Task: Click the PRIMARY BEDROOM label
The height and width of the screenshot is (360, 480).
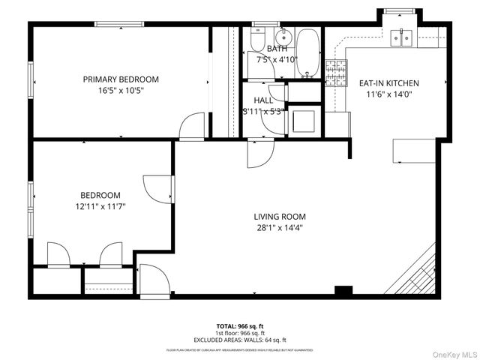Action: tap(121, 79)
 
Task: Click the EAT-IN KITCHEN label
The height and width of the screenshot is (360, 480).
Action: tap(388, 83)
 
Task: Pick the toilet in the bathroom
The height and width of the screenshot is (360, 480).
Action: tap(256, 39)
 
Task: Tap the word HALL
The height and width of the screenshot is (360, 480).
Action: tap(263, 100)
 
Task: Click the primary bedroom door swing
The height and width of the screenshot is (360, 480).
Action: tap(193, 125)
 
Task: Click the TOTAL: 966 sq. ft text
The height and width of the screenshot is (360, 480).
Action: tap(240, 326)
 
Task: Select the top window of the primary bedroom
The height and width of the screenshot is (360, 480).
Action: tap(119, 24)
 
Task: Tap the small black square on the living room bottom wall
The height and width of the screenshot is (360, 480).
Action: tap(343, 290)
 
